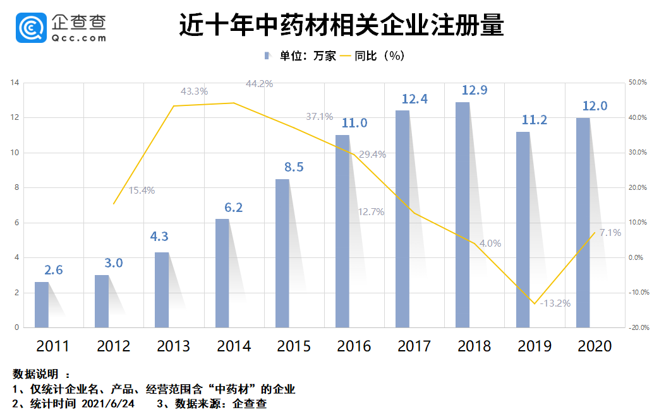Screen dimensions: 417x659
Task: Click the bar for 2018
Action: pos(463,214)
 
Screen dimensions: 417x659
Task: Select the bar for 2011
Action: pos(41,305)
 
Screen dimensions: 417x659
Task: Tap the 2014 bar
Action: pos(222,273)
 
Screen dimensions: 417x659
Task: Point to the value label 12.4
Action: pos(415,99)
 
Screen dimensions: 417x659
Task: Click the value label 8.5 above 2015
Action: pos(294,167)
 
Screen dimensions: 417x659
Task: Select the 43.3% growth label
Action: pos(194,91)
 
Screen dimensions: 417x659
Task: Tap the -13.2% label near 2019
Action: pos(555,303)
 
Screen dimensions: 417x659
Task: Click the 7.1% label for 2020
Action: pos(610,233)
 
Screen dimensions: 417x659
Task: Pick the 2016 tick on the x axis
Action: pos(354,346)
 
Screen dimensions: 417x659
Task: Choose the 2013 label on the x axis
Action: pos(174,346)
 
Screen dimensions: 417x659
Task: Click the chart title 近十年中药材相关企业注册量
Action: pos(341,26)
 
